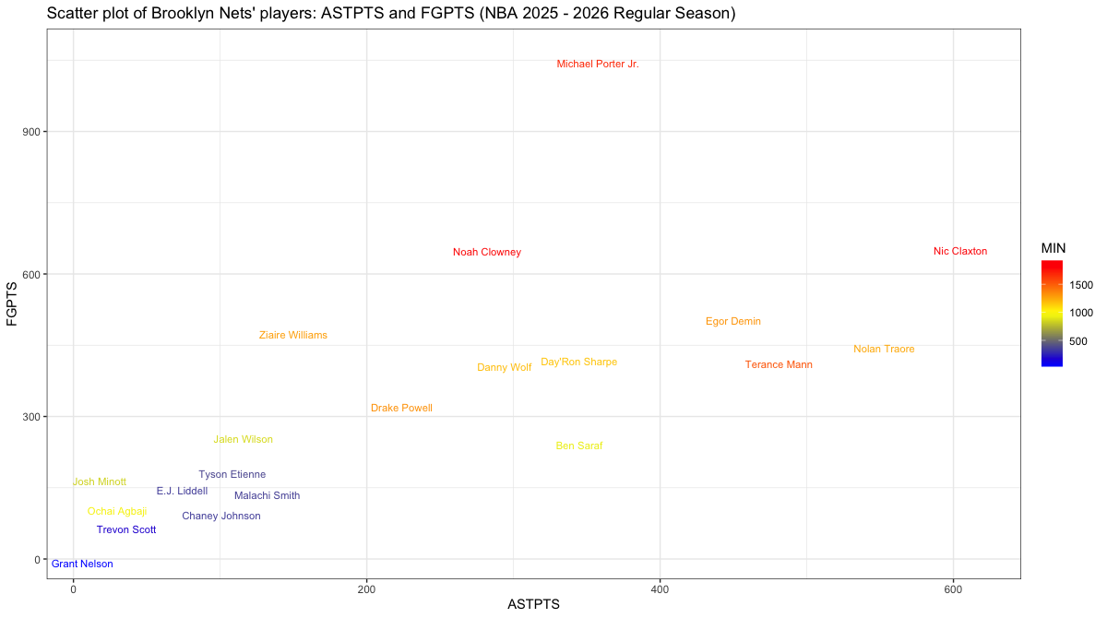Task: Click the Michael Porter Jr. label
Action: pyautogui.click(x=598, y=65)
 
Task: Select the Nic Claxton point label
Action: pyautogui.click(x=960, y=251)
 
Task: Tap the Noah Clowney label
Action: pyautogui.click(x=487, y=253)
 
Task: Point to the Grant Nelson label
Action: pyautogui.click(x=82, y=564)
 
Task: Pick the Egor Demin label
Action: pyautogui.click(x=733, y=322)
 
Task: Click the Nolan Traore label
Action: pyautogui.click(x=884, y=350)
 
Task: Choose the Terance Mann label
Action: pyautogui.click(x=779, y=365)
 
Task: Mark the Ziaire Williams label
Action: pyautogui.click(x=293, y=336)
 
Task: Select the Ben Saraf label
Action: pyautogui.click(x=579, y=446)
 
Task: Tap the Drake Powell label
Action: pyautogui.click(x=401, y=409)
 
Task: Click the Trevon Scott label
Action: pyautogui.click(x=126, y=530)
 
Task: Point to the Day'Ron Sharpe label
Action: pyautogui.click(x=578, y=362)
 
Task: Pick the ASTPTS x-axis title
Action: pyautogui.click(x=534, y=605)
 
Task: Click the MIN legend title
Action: pyautogui.click(x=1053, y=248)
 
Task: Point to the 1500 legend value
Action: pyautogui.click(x=1081, y=285)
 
